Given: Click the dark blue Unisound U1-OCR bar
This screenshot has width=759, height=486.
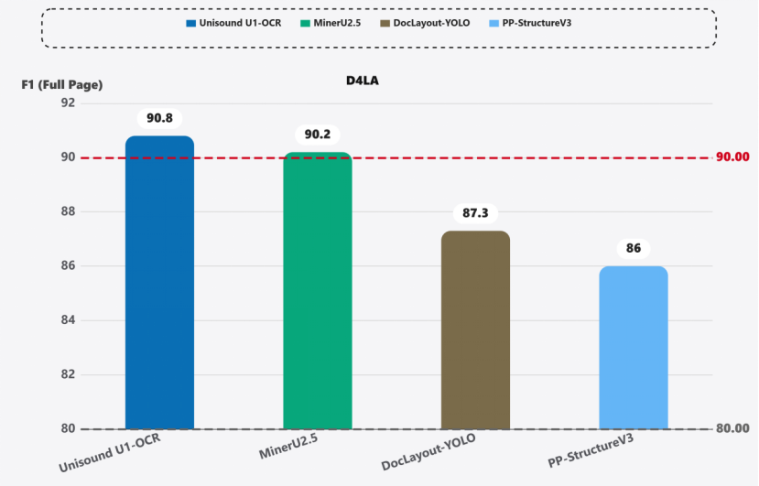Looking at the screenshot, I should click(x=159, y=284).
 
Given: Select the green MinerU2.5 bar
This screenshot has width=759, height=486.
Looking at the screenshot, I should click(x=318, y=291).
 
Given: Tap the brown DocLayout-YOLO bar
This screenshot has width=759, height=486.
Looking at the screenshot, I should click(x=475, y=330).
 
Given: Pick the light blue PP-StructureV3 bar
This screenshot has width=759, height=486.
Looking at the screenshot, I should click(x=634, y=348).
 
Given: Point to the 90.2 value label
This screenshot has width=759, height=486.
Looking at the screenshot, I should click(x=318, y=135).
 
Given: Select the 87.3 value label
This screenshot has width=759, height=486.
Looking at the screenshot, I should click(x=475, y=213).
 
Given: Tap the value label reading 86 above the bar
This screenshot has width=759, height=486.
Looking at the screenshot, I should click(x=634, y=249).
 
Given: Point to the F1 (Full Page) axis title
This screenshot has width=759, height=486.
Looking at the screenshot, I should click(x=62, y=85).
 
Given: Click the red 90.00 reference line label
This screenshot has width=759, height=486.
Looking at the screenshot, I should click(x=732, y=157).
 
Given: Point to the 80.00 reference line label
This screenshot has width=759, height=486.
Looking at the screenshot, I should click(x=732, y=428).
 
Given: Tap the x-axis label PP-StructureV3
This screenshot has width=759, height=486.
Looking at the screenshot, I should click(x=591, y=453).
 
